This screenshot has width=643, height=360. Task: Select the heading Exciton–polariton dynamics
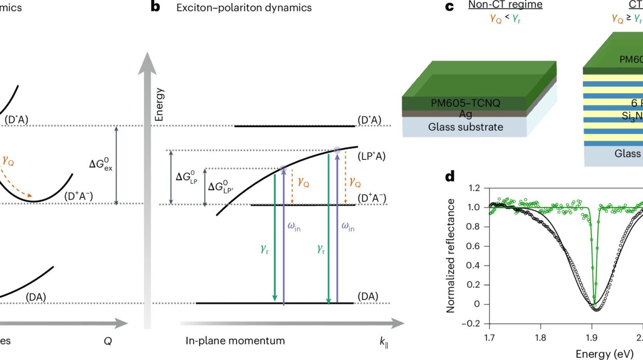pos(244,8)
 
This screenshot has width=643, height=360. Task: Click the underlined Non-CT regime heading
pos(498,5)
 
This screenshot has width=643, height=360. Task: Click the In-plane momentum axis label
pos(235,340)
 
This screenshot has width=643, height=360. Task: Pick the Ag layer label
pos(465,114)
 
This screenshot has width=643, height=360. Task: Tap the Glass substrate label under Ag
pos(466,127)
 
